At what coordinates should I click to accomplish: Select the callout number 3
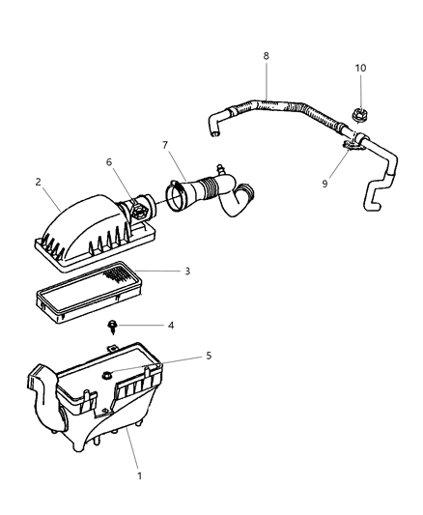pyautogui.click(x=188, y=271)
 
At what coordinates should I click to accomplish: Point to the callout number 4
pyautogui.click(x=171, y=326)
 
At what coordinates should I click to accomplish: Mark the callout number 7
pyautogui.click(x=166, y=146)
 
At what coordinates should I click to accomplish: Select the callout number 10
pyautogui.click(x=361, y=69)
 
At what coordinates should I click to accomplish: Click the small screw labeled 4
pyautogui.click(x=114, y=326)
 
